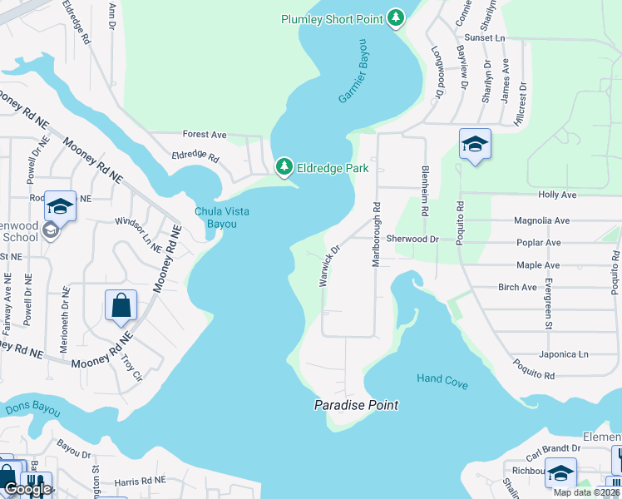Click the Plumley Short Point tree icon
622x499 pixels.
pos(397,18)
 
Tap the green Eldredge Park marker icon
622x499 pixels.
pos(284,167)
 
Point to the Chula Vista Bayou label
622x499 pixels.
pos(222,218)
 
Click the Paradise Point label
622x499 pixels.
pos(356,405)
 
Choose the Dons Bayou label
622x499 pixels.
pos(32,409)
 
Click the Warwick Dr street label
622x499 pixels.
pos(330,265)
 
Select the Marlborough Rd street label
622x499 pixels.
pos(376,235)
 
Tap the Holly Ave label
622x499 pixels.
pos(557,195)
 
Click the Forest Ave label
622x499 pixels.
pos(205,134)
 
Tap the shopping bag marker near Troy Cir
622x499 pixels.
pos(121,306)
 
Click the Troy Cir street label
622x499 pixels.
pos(131,367)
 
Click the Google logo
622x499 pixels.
pos(27,489)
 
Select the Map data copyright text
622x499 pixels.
pos(585,492)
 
